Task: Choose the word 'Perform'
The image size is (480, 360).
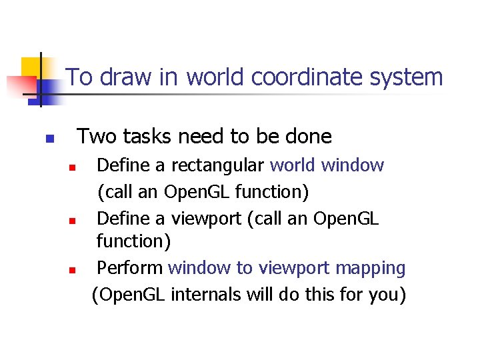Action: point(130,268)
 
